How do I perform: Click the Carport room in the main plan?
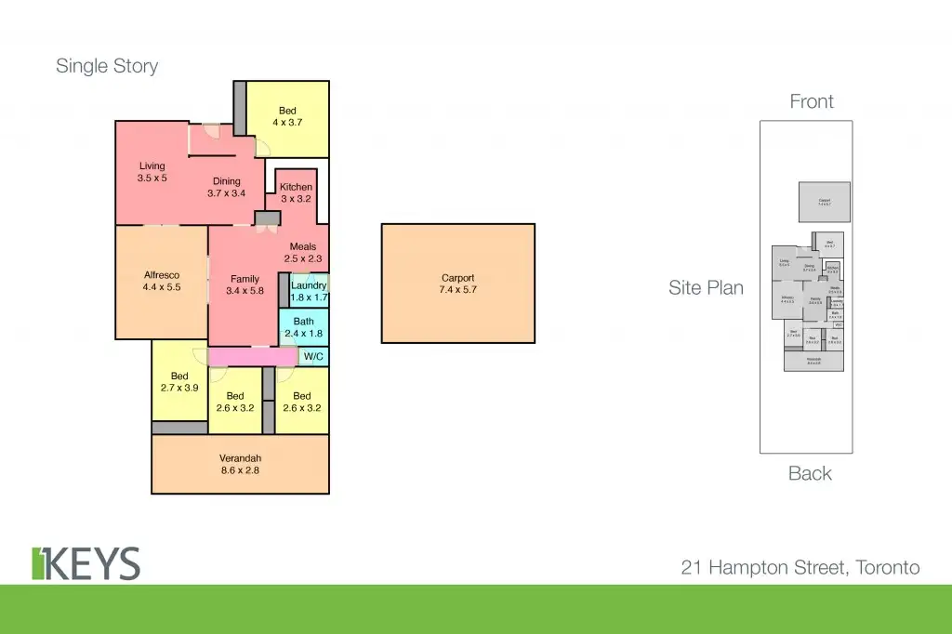[x=457, y=284]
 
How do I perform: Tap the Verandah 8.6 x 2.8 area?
[x=240, y=464]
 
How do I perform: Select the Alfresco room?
[x=161, y=282]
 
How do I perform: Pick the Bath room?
[x=303, y=327]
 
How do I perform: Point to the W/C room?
[x=313, y=356]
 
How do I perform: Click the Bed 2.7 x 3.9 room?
[x=179, y=382]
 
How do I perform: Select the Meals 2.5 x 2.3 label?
[x=302, y=253]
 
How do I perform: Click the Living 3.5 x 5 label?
[x=152, y=172]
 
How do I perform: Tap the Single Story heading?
[x=107, y=66]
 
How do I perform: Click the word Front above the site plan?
[x=812, y=101]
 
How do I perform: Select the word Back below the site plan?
[x=810, y=473]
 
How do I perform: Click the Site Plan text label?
[x=706, y=288]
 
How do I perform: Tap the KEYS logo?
[x=86, y=563]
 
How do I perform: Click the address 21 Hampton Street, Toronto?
[x=800, y=567]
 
